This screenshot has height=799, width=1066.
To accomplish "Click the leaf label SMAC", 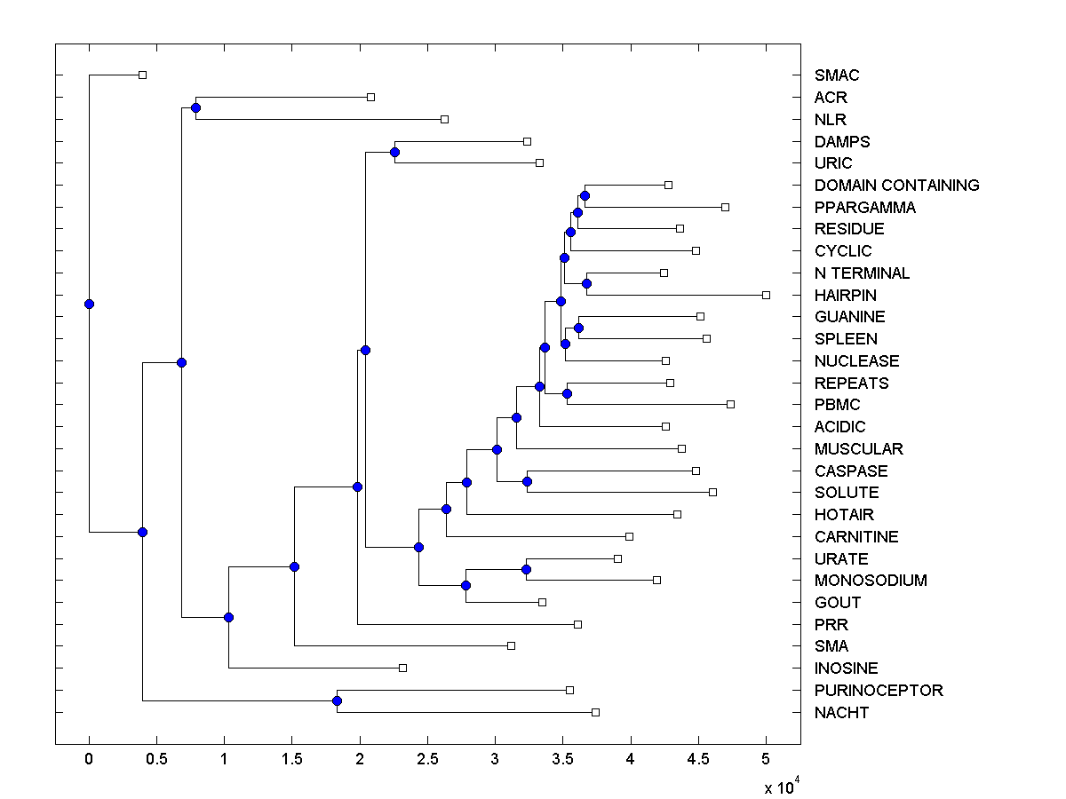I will tap(837, 75).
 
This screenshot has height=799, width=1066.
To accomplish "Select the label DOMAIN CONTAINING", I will tap(896, 186).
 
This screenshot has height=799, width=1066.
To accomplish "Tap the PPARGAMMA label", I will tap(864, 208).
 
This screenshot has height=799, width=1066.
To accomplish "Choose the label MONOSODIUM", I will tap(871, 581).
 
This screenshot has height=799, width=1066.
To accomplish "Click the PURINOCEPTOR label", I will tap(879, 691).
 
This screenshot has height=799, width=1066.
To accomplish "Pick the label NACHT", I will tap(841, 713).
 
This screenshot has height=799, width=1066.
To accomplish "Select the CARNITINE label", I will tap(856, 537).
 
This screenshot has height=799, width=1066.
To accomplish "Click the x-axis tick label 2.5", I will tap(427, 760).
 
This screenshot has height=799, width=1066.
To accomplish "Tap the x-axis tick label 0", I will tap(89, 760).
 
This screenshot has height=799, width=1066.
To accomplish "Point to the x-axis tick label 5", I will tap(766, 760).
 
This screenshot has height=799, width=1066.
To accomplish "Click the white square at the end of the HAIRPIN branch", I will tap(766, 295).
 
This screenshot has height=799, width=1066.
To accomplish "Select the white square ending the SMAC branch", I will tap(142, 75).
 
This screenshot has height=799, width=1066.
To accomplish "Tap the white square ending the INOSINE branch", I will tap(402, 668).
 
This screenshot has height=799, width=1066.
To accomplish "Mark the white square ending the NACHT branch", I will tap(595, 712).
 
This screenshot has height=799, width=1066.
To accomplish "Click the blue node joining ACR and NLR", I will tap(195, 107).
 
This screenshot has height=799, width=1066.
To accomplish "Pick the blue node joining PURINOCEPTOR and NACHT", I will tap(337, 701).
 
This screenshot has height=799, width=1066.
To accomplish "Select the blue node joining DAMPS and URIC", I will tap(394, 152).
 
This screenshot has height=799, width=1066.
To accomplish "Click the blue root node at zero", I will tap(89, 304).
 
